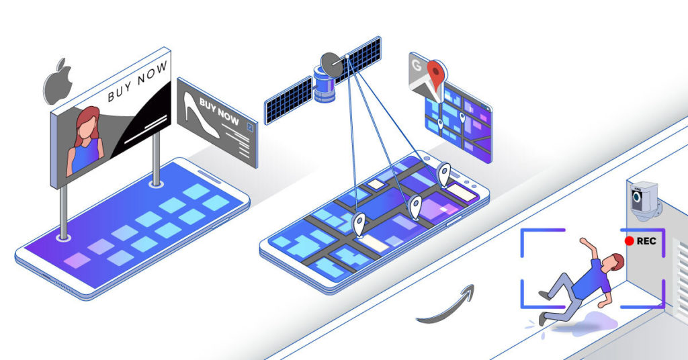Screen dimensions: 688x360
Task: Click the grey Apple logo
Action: [57, 83]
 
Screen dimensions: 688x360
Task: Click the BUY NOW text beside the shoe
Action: [219, 111]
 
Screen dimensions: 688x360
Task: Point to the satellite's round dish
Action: [331, 64]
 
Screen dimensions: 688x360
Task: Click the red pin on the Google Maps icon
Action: [435, 75]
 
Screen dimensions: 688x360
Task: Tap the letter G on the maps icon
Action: [416, 66]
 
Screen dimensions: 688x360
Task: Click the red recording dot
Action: [629, 240]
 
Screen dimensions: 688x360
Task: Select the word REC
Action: [646, 240]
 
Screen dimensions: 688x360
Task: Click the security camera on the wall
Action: [644, 199]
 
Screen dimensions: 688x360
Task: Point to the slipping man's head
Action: [615, 262]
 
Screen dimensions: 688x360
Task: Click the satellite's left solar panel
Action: [288, 101]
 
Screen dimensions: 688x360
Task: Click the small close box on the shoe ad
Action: [250, 127]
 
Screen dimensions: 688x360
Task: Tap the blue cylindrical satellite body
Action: [325, 85]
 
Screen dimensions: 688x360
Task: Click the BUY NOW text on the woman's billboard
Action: [137, 81]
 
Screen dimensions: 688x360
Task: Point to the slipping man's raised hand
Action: [583, 240]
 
